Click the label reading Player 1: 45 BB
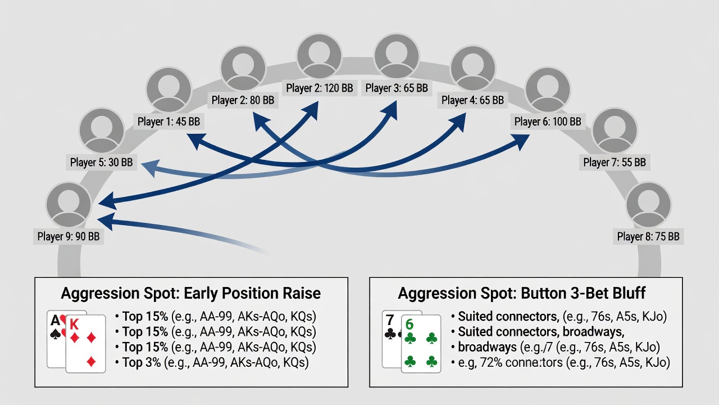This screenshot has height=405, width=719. tap(169, 121)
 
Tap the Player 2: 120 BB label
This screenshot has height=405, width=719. tap(320, 88)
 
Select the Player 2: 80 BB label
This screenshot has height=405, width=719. tap(243, 100)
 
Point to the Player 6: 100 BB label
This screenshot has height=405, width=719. tap(548, 121)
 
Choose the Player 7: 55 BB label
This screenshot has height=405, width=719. tap(615, 163)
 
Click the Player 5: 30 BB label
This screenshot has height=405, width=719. tap(102, 163)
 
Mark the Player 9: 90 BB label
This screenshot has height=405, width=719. tap(69, 237)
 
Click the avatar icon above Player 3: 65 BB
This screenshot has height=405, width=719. tap(397, 56)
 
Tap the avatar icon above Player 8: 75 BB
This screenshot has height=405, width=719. tap(648, 205)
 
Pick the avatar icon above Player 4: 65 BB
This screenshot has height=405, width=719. tap(473, 68)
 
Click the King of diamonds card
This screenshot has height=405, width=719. tap(86, 344)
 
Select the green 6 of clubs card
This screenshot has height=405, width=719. tap(421, 344)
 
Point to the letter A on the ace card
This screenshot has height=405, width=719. tap(55, 321)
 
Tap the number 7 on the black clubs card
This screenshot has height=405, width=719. tap(390, 320)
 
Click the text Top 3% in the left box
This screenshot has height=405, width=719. tap(142, 362)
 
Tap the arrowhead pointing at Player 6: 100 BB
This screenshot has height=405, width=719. tap(520, 141)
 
